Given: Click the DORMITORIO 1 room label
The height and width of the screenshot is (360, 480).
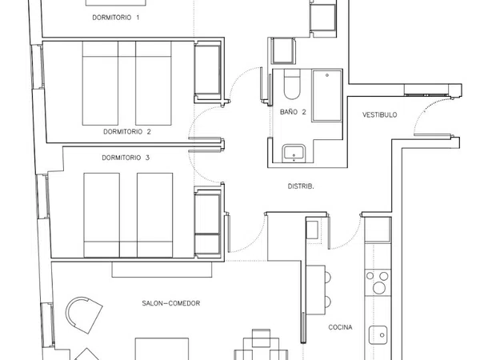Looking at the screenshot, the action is point(116,18).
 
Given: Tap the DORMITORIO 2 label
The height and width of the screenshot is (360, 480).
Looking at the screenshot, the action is point(127,132).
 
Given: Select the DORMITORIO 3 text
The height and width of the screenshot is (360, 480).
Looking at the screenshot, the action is point(126,158).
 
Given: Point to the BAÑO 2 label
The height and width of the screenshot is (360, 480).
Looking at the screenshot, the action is point(293,112).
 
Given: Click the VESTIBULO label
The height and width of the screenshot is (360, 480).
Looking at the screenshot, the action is point(379,114).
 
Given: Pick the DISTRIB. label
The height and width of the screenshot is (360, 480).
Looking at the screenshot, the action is point(301,186).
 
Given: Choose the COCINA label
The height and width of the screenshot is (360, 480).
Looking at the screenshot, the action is point(340,327).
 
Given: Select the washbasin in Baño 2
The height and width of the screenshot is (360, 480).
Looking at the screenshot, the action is point(294,153).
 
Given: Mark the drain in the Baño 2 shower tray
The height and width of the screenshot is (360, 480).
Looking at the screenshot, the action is point(327,75).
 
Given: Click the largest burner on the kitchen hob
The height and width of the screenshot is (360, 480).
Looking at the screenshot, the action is point(379,288).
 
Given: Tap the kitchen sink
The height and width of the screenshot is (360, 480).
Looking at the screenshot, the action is point(378,335).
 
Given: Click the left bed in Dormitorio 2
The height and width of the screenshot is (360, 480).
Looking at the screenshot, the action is point(100,83).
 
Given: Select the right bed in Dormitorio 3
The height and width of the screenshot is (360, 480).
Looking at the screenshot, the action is point(155,215).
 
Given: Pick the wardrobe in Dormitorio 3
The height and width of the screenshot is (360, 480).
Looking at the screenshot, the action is point(207,222).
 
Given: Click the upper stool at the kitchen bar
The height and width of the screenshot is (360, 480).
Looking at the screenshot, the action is point(328,277).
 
